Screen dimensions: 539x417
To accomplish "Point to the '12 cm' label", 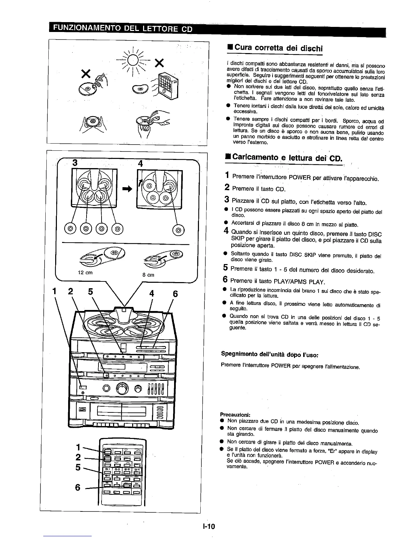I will point(85,273).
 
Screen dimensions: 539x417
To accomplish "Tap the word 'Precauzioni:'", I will point(235,414).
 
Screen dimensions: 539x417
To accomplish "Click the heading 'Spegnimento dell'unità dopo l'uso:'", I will point(269,354).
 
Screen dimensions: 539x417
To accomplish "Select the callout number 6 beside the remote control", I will point(78,488).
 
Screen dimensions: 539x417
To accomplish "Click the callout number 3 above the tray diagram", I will point(75,162).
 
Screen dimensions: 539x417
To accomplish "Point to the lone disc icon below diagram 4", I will point(179,230).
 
